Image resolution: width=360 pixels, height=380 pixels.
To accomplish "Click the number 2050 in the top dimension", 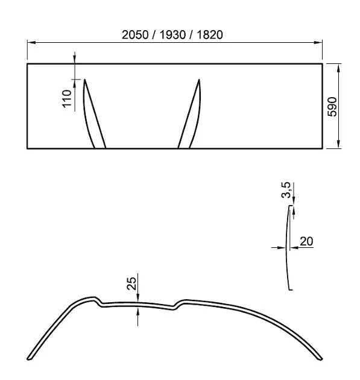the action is coord(135,35).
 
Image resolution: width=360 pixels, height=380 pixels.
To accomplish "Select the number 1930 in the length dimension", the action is coord(172,35).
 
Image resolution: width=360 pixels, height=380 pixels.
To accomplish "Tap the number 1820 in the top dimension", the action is coord(210,35).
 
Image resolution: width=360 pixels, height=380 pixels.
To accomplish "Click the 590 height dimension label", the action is coord(332,107).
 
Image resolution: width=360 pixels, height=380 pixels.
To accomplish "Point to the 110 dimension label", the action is coord(67,98).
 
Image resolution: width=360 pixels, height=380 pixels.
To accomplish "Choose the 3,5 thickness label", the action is coord(286,190).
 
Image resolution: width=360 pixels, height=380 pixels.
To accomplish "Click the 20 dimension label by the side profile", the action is coord(306,241).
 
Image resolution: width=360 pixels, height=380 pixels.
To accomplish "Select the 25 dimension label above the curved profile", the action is coord(131,283).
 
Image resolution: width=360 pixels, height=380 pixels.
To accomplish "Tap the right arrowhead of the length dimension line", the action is coord(318,42).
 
